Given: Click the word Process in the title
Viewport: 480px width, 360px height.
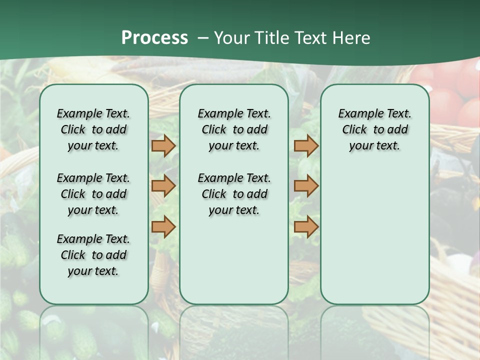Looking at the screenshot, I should (154, 37).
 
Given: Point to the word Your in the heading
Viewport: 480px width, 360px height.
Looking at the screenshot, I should (232, 37).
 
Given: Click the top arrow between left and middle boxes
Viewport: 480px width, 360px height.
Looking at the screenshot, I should (163, 145).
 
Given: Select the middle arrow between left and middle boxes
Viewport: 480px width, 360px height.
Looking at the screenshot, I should (163, 186).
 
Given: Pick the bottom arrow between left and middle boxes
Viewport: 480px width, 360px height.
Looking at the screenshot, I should (163, 226).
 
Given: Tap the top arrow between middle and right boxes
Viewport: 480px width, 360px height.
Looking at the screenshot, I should (306, 145).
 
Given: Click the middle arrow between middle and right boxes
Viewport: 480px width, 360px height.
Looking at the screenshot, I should (306, 186).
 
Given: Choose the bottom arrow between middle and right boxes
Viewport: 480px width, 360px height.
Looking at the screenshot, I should (306, 226).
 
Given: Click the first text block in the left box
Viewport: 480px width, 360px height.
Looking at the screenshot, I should (93, 129).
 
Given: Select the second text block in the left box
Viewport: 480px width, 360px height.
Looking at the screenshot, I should (93, 194).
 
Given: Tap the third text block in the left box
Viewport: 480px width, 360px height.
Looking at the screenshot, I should (93, 255).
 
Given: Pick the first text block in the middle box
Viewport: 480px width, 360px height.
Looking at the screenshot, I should (234, 129).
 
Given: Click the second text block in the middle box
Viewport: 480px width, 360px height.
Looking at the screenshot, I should (234, 194).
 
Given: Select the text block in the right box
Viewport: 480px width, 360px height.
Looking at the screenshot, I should (374, 129).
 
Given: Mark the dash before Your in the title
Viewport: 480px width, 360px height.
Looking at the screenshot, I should (203, 38).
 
